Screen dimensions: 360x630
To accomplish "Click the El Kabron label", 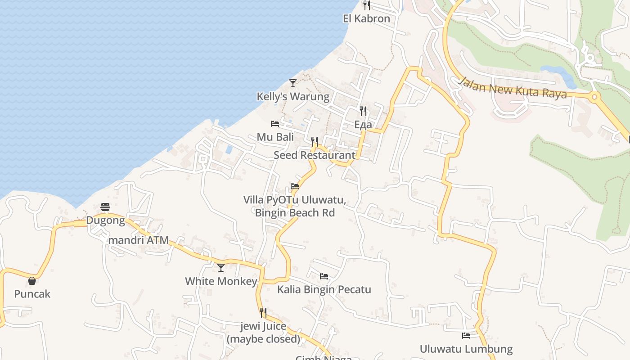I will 366,18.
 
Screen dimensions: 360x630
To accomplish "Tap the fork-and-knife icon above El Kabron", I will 367,5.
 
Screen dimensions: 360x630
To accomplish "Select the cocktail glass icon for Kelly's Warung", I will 293,83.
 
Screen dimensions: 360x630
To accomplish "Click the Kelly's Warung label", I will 293,96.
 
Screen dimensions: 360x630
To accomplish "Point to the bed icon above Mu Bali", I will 275,124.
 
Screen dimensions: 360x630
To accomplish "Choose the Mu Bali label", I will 275,137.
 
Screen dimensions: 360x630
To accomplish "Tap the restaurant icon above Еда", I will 363,111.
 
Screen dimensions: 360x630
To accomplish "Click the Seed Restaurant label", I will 315,155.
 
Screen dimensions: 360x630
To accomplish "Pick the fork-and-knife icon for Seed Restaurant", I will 315,142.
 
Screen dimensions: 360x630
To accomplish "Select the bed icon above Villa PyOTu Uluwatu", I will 295,186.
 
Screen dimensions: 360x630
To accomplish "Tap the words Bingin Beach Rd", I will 295,212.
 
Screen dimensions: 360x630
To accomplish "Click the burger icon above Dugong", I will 105,207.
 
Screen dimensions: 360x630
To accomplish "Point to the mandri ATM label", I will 139,240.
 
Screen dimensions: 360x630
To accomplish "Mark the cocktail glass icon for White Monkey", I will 221,268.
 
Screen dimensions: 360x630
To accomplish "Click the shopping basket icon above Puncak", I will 32,281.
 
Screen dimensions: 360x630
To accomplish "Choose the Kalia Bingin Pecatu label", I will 324,289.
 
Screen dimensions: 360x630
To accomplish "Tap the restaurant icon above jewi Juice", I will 263,313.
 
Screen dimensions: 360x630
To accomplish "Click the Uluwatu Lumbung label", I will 466,349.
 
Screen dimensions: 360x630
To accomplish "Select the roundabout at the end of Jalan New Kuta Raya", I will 594,96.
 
